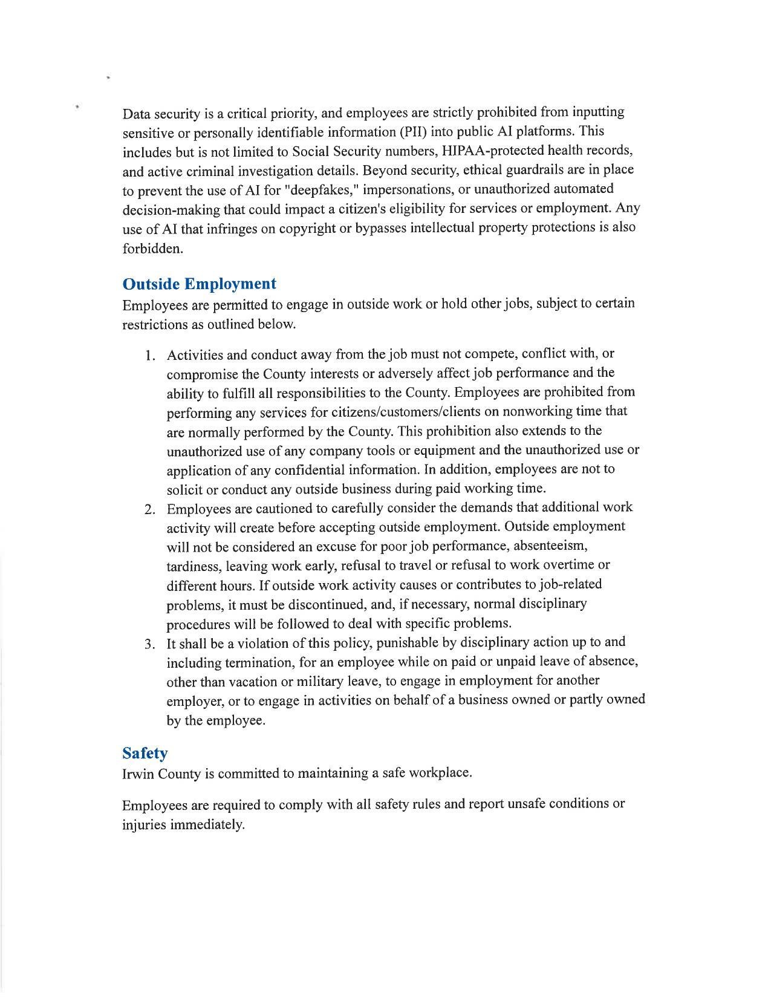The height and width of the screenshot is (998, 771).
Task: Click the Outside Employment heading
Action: coord(199,284)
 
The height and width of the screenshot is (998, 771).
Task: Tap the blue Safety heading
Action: coord(145,753)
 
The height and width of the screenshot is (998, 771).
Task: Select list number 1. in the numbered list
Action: coord(151,354)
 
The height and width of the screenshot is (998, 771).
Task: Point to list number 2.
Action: coord(151,509)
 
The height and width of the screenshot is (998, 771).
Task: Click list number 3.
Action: coord(151,643)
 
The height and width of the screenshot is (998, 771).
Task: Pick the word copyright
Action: coord(296,229)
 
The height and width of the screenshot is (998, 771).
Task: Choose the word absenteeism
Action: coord(544,546)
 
